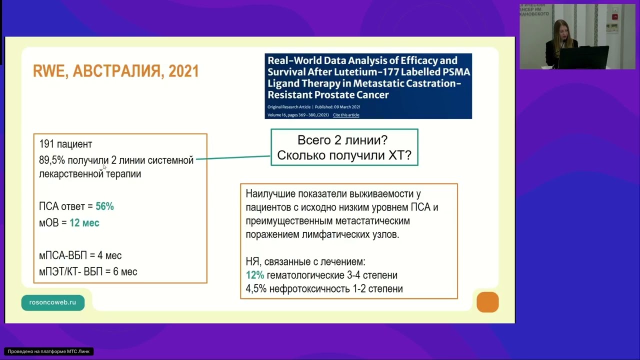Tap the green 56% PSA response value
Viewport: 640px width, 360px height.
pos(104,206)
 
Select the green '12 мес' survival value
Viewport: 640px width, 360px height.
pos(84,223)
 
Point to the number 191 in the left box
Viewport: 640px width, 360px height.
pos(46,144)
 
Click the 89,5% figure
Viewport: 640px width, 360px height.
pos(52,160)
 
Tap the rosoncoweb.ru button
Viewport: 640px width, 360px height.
pos(52,302)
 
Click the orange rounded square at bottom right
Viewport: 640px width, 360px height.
pos(487,302)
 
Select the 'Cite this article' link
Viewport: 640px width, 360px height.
pos(346,115)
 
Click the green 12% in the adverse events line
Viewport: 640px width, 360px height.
pos(254,275)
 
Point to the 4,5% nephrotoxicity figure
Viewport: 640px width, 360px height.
pos(254,289)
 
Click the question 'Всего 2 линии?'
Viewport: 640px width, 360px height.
pos(342,140)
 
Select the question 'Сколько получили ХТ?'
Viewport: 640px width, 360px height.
pos(344,155)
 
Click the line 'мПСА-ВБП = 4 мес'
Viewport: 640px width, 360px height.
pos(80,255)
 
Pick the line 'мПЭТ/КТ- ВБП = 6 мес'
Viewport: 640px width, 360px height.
pos(88,272)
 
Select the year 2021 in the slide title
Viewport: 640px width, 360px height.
pos(183,71)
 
